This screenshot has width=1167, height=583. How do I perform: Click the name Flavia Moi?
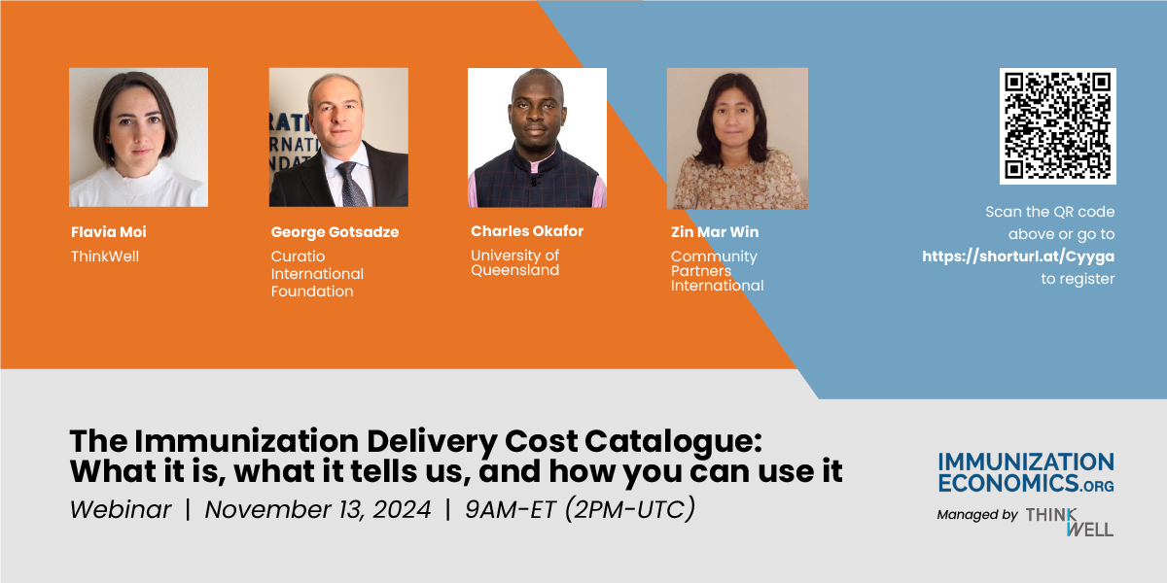[x=109, y=232]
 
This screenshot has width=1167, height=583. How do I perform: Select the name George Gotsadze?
[x=335, y=232]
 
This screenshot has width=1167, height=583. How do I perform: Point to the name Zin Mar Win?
[x=715, y=232]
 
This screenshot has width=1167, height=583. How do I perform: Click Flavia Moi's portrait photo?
[x=138, y=137]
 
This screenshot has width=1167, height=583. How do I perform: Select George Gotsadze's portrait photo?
[x=338, y=137]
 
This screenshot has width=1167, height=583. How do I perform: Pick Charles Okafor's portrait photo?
[x=537, y=137]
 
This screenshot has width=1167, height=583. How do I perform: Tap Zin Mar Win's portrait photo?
[x=737, y=138]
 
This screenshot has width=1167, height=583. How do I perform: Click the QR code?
[x=1057, y=126]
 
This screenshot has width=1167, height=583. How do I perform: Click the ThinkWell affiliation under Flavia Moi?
[x=105, y=257]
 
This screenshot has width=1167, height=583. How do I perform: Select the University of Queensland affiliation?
[x=515, y=262]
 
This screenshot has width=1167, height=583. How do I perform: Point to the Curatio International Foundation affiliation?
[x=317, y=274]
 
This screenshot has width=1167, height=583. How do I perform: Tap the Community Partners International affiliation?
[x=717, y=271]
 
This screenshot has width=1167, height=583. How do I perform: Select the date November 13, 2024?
[x=318, y=509]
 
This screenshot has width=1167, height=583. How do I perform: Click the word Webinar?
[x=121, y=509]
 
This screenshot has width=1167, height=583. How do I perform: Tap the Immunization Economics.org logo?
[x=1026, y=472]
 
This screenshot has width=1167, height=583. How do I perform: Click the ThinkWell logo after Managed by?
[x=1070, y=521]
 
